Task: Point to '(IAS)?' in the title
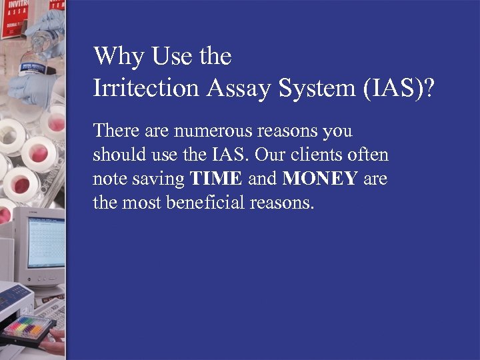(x=397, y=88)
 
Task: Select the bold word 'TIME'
(x=216, y=179)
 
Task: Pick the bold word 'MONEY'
(x=320, y=179)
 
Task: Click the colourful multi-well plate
(x=29, y=327)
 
